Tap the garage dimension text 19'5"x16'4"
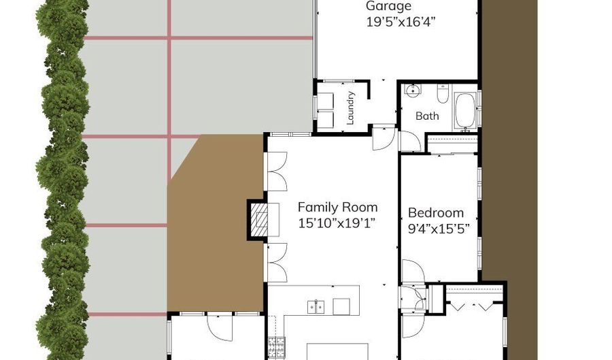point(401,22)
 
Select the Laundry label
point(350,108)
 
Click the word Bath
point(427,116)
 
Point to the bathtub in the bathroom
point(465,111)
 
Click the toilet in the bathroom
point(443,94)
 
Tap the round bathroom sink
point(413,91)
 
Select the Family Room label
point(337,207)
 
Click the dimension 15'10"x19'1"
point(337,223)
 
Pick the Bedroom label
point(436,213)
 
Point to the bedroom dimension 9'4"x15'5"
point(439,229)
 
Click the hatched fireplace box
point(259,219)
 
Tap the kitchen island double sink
point(316,306)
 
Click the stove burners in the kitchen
point(276,346)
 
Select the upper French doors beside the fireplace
point(277,171)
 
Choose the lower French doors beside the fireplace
point(277,262)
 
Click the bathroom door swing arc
point(411,141)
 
